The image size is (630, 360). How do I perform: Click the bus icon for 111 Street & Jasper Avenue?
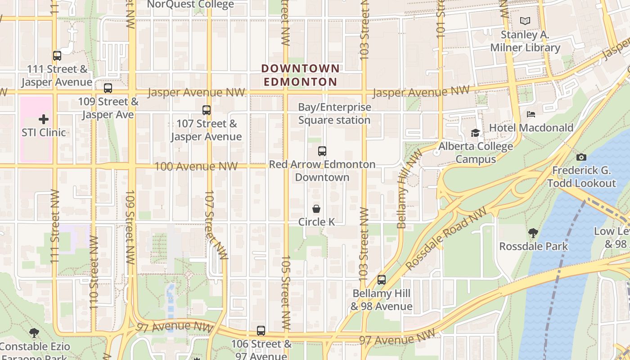click(x=57, y=56)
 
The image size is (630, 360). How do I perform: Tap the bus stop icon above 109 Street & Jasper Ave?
click(x=108, y=88)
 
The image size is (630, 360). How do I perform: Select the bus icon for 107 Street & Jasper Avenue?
click(x=207, y=110)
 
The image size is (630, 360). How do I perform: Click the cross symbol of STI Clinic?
click(x=44, y=119)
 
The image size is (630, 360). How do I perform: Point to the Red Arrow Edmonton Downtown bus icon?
click(x=322, y=151)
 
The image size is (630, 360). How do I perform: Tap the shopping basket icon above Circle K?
click(x=316, y=209)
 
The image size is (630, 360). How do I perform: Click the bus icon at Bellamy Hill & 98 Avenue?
click(x=382, y=280)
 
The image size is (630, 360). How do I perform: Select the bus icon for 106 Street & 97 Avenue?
click(x=261, y=331)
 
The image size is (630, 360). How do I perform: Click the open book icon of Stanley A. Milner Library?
click(x=525, y=21)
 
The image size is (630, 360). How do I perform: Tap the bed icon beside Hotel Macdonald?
click(x=531, y=114)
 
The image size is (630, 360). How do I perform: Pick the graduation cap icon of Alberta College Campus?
click(x=475, y=133)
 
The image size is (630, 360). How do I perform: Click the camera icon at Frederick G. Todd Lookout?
click(x=581, y=157)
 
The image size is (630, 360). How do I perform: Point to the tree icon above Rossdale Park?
click(x=533, y=233)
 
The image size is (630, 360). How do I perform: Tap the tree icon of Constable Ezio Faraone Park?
click(x=34, y=333)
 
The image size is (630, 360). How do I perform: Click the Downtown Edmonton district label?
click(x=300, y=75)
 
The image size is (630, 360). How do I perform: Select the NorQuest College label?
click(x=190, y=4)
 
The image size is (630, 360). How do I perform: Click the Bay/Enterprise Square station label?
click(x=334, y=113)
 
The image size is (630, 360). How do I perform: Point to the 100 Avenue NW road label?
click(x=196, y=166)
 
